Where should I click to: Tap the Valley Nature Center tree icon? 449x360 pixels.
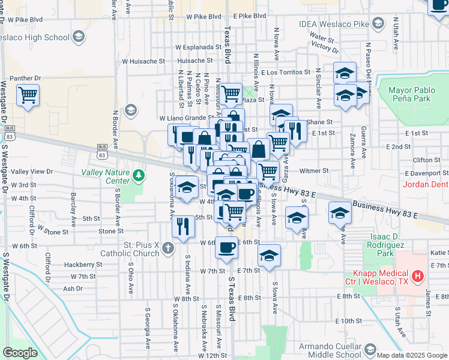[140, 175]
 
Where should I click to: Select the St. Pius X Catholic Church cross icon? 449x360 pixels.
[168, 247]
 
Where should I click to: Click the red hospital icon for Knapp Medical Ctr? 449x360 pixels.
[419, 277]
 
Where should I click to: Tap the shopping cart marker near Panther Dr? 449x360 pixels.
[28, 95]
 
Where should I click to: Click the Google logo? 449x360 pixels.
[20, 353]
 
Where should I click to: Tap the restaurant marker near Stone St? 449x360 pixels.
[183, 226]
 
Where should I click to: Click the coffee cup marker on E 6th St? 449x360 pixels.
[226, 247]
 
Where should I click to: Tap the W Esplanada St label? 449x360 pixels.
[199, 46]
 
